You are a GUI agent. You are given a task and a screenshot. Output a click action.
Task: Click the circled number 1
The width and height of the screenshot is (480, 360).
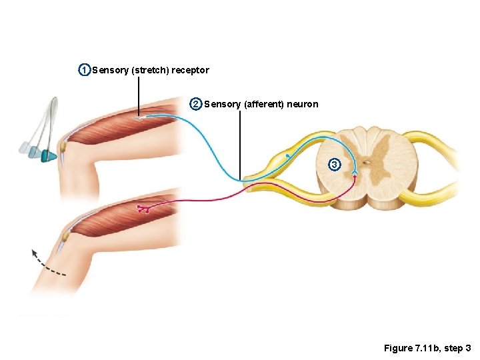pyautogui.click(x=84, y=70)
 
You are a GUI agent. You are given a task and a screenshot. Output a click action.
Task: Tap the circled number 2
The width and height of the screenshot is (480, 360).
pyautogui.click(x=196, y=104)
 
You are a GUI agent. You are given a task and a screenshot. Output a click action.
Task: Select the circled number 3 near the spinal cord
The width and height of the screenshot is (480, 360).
pyautogui.click(x=335, y=164)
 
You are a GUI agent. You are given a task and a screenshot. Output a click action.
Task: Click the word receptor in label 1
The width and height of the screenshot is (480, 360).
pyautogui.click(x=190, y=70)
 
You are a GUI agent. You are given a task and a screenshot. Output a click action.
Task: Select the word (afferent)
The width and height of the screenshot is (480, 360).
pyautogui.click(x=266, y=104)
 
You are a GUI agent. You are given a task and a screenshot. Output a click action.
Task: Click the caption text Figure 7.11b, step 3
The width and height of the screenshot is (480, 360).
pyautogui.click(x=427, y=348)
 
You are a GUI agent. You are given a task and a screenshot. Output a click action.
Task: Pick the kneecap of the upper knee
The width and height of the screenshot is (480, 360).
pyautogui.click(x=63, y=145)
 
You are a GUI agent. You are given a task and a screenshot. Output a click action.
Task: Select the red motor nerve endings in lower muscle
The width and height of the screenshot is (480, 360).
pyautogui.click(x=143, y=209)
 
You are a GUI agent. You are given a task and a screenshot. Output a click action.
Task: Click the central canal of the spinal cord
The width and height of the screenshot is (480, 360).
pyautogui.click(x=366, y=162)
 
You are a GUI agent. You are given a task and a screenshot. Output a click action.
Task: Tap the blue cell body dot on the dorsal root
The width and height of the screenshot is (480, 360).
pyautogui.click(x=287, y=155)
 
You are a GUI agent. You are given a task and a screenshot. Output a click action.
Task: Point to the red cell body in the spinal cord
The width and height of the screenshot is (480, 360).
pyautogui.click(x=355, y=176)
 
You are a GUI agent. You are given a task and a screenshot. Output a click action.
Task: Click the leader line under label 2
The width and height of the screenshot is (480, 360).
pyautogui.click(x=240, y=143)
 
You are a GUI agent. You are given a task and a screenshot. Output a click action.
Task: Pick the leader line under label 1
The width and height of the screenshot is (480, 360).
pyautogui.click(x=139, y=97)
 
